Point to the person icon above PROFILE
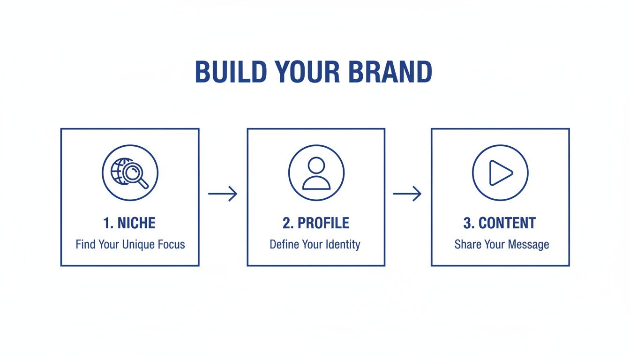tap(316, 173)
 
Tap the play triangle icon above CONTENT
tap(500, 172)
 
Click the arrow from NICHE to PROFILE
tap(223, 193)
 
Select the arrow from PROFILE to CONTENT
tap(407, 193)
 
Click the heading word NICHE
tap(136, 223)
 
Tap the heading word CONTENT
tap(507, 223)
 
